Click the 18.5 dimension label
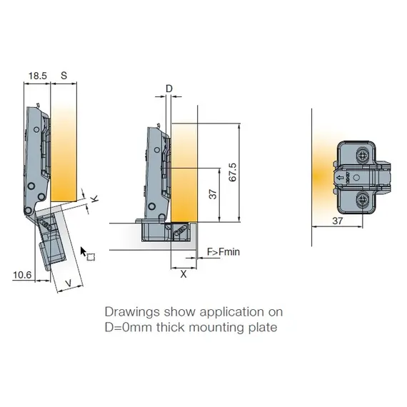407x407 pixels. tap(36, 74)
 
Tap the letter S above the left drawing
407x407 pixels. tap(64, 74)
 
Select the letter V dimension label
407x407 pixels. tap(68, 284)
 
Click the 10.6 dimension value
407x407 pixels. tap(23, 273)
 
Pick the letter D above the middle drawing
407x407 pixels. tap(169, 88)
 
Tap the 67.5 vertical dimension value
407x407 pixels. tap(232, 172)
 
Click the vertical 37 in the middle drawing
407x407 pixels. tap(211, 195)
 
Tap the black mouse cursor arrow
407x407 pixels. tap(84, 251)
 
